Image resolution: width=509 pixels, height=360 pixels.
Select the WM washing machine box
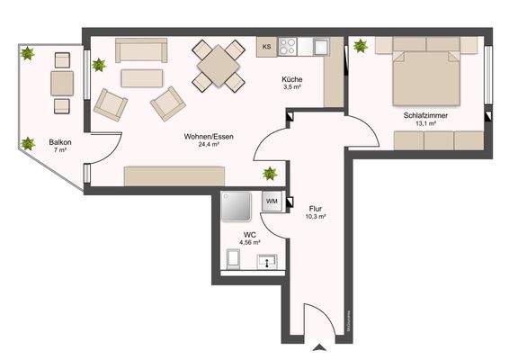click(x=271, y=202)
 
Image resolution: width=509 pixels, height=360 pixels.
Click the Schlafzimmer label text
click(x=426, y=116)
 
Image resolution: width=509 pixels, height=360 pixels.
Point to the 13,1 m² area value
click(x=426, y=125)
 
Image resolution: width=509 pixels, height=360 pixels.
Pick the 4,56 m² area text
click(x=249, y=242)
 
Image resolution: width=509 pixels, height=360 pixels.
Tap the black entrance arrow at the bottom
click(x=317, y=349)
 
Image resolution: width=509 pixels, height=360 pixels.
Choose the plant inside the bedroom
click(x=360, y=46)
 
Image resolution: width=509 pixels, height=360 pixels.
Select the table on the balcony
click(x=62, y=83)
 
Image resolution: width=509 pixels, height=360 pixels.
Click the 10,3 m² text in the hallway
click(x=315, y=217)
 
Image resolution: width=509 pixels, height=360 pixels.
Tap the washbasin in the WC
click(x=266, y=262)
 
